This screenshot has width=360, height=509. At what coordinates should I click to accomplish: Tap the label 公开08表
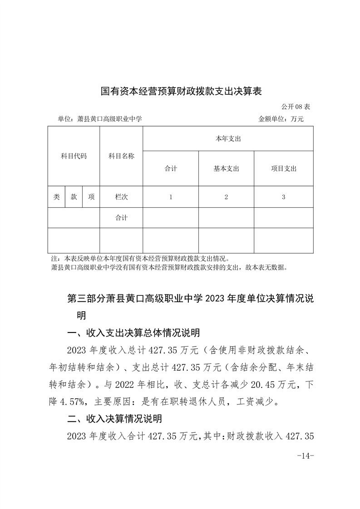pos(296,107)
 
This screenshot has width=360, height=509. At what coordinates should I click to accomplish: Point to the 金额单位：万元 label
pos(281,119)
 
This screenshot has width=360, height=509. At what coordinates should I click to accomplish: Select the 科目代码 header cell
pos(74,156)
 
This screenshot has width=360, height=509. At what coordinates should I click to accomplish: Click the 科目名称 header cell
pos(121,156)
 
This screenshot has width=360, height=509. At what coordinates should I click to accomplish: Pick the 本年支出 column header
pos(228,139)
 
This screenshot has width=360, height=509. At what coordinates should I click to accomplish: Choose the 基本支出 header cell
pos(226,169)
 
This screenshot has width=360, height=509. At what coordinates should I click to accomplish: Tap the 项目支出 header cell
pos(283,169)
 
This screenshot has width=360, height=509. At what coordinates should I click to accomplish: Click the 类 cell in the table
pos(56,197)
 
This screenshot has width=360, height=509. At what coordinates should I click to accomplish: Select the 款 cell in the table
pos(74,197)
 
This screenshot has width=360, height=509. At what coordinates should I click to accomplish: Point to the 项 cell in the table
pos(91,197)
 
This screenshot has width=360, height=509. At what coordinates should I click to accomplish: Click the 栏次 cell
pos(121,197)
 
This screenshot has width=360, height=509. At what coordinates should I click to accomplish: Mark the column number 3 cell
pos(283,197)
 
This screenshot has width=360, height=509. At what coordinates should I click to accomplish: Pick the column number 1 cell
pos(171,197)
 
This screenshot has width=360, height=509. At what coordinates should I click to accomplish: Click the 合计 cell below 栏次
pos(121,218)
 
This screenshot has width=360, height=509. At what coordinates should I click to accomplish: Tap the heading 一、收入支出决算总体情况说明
pos(133,333)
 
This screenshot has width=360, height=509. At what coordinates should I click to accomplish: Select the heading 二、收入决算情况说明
pos(114,418)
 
